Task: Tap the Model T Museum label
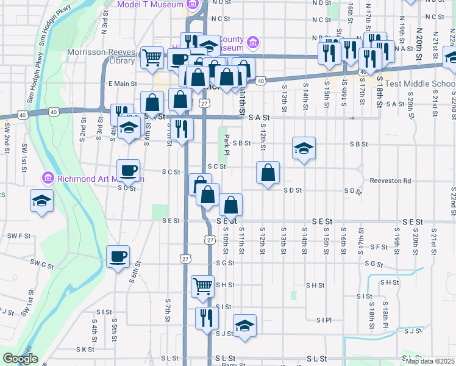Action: click(x=152, y=4)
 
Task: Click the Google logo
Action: click(x=20, y=359)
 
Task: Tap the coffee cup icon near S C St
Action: click(x=129, y=170)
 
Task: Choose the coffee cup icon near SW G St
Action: click(x=118, y=256)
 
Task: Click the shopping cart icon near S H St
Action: click(x=202, y=285)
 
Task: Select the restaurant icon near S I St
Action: click(x=207, y=317)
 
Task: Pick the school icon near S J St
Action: click(x=244, y=325)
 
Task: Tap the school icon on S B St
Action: click(x=304, y=148)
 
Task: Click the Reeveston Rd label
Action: click(x=390, y=181)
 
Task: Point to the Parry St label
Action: click(x=232, y=364)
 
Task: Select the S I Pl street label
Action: click(x=324, y=320)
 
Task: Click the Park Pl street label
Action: click(x=226, y=144)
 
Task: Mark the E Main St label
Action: click(x=122, y=84)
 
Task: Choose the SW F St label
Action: click(x=19, y=235)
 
